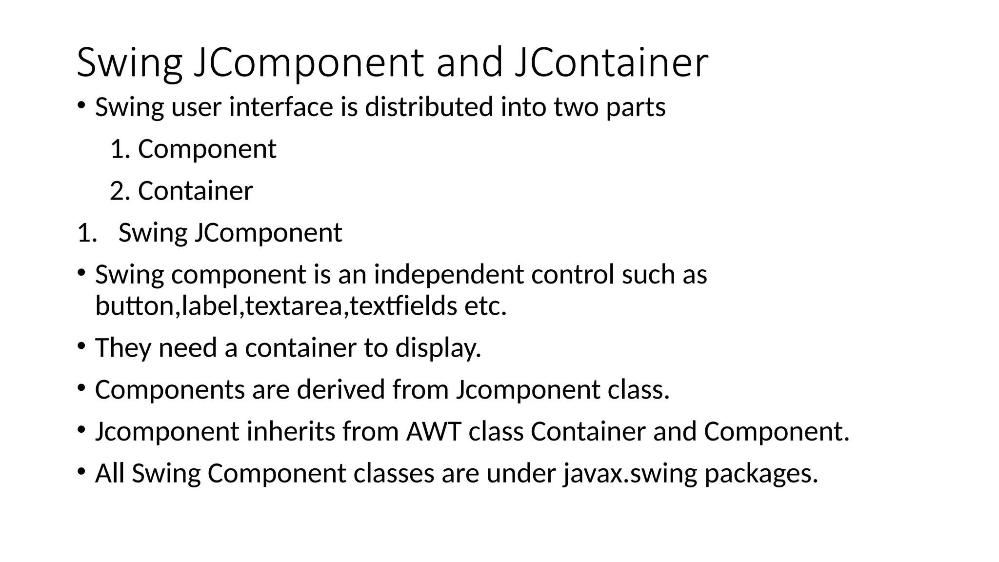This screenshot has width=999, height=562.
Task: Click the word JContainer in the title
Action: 611,62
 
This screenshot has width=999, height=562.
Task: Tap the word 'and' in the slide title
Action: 469,62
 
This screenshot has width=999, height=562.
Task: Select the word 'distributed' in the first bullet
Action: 429,107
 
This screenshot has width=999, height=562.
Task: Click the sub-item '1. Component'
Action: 194,149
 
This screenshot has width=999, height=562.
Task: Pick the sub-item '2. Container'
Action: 181,191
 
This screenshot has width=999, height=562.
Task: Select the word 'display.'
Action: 438,348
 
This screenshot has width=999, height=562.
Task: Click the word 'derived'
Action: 340,390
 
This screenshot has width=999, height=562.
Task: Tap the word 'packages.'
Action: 761,474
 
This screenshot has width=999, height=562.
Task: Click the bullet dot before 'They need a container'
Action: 81,346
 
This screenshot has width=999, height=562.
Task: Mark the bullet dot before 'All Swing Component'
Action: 81,471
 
